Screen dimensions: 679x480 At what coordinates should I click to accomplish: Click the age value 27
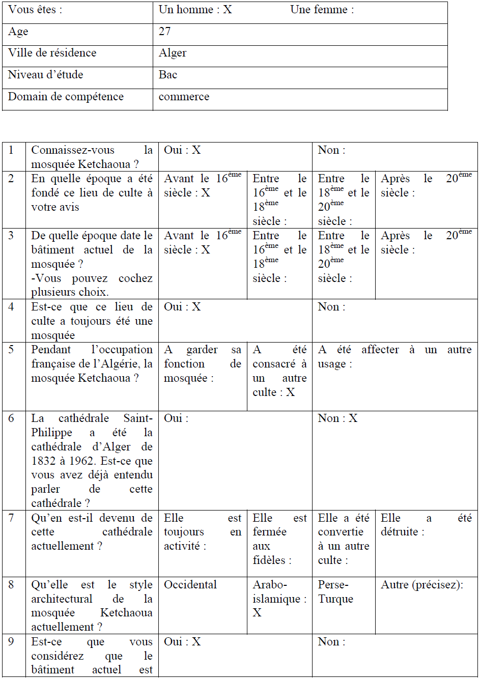pyautogui.click(x=165, y=32)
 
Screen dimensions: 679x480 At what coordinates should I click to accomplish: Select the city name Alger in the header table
pyautogui.click(x=173, y=53)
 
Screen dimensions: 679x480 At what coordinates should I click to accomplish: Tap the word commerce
pyautogui.click(x=184, y=97)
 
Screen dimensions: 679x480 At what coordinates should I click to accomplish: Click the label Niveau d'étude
pyautogui.click(x=45, y=75)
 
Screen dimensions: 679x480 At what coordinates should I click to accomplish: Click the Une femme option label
pyautogui.click(x=322, y=10)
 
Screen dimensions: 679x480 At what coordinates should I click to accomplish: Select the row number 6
pyautogui.click(x=11, y=418)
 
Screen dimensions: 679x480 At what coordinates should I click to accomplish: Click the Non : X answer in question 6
pyautogui.click(x=337, y=418)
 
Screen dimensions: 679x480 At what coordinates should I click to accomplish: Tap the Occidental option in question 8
pyautogui.click(x=190, y=585)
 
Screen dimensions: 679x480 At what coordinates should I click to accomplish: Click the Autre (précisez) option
pyautogui.click(x=421, y=585)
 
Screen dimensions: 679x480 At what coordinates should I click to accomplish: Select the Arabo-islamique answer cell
pyautogui.click(x=279, y=599)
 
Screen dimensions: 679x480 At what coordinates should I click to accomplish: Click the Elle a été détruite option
pyautogui.click(x=426, y=525)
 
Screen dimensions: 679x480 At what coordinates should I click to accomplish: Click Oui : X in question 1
pyautogui.click(x=182, y=150)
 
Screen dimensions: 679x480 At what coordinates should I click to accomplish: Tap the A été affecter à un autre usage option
pyautogui.click(x=394, y=357)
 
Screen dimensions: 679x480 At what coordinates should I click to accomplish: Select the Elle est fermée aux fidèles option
pyautogui.click(x=279, y=539)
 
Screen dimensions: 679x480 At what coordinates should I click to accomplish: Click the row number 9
pyautogui.click(x=11, y=642)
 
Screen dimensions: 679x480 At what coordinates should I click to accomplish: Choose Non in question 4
pyautogui.click(x=331, y=307)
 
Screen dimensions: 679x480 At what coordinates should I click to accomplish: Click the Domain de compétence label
pyautogui.click(x=66, y=97)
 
